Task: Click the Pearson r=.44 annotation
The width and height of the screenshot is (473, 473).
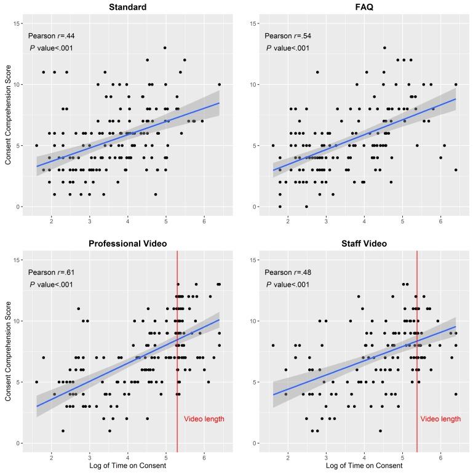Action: click(x=51, y=36)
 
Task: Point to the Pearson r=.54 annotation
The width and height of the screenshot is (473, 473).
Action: click(x=288, y=36)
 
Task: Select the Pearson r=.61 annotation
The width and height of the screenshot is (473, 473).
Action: click(x=51, y=272)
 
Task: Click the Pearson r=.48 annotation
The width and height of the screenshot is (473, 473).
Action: click(x=288, y=272)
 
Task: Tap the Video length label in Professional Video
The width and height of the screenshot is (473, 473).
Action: click(x=204, y=419)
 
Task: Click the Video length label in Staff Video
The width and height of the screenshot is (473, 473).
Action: click(x=440, y=419)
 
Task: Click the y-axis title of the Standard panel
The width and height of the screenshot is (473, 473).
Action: click(x=8, y=116)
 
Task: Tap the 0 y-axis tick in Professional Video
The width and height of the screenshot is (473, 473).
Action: click(x=19, y=443)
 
